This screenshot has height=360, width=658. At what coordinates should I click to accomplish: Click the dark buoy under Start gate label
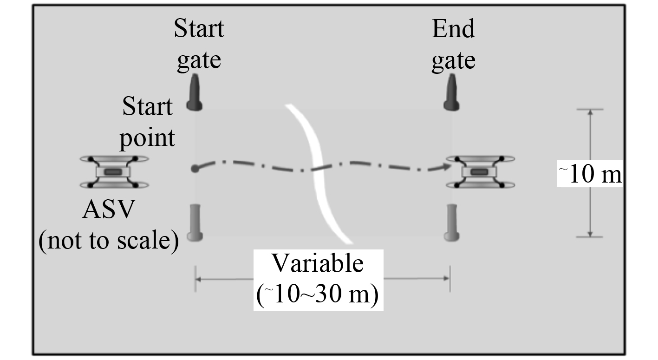pyautogui.click(x=195, y=95)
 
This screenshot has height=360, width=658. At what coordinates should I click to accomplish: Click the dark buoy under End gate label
pyautogui.click(x=451, y=95)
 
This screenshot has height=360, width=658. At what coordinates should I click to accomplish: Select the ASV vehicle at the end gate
pyautogui.click(x=480, y=172)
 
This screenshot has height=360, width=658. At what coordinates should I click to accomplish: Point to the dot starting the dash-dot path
pyautogui.click(x=195, y=168)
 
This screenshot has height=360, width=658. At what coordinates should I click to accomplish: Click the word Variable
pyautogui.click(x=318, y=264)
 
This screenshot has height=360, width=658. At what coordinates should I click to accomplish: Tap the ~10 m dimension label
pyautogui.click(x=590, y=175)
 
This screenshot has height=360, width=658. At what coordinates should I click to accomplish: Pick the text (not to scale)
pyautogui.click(x=108, y=241)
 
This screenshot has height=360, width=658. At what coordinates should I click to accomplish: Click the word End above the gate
pyautogui.click(x=453, y=30)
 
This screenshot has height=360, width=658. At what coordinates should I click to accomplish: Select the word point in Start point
pyautogui.click(x=148, y=138)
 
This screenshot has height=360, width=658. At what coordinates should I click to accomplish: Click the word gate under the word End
pyautogui.click(x=453, y=60)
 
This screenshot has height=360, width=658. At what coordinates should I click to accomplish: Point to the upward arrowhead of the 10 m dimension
pyautogui.click(x=590, y=113)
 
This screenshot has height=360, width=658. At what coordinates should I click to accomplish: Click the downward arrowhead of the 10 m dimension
pyautogui.click(x=590, y=233)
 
